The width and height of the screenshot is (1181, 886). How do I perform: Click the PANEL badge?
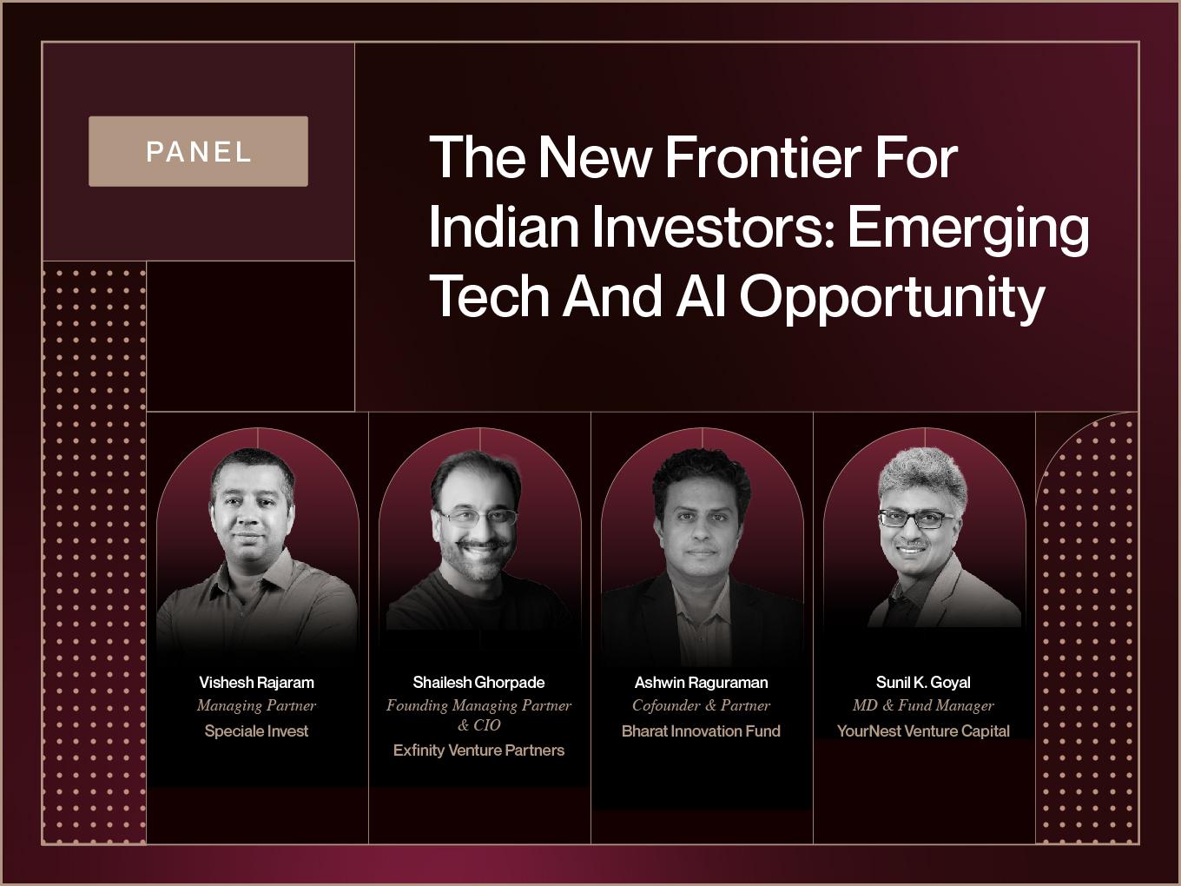pyautogui.click(x=199, y=151)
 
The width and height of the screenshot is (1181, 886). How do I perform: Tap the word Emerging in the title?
pyautogui.click(x=968, y=229)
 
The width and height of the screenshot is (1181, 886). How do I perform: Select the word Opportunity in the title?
pyautogui.click(x=892, y=299)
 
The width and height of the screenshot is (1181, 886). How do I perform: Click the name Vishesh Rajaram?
pyautogui.click(x=257, y=683)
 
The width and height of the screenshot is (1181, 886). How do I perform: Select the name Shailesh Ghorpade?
pyautogui.click(x=478, y=683)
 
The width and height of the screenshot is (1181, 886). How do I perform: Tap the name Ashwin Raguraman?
pyautogui.click(x=701, y=683)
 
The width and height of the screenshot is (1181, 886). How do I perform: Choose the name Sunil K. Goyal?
pyautogui.click(x=923, y=683)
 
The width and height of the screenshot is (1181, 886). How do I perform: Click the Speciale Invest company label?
pyautogui.click(x=257, y=731)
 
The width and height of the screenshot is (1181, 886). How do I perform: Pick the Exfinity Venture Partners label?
pyautogui.click(x=478, y=750)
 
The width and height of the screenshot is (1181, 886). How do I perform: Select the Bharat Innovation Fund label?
pyautogui.click(x=701, y=731)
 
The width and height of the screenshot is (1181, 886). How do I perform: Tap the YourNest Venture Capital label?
pyautogui.click(x=923, y=731)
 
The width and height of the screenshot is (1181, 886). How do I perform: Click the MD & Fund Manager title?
pyautogui.click(x=923, y=706)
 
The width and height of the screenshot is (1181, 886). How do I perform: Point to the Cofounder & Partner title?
pyautogui.click(x=701, y=706)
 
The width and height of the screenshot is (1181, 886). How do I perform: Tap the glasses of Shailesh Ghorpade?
pyautogui.click(x=478, y=518)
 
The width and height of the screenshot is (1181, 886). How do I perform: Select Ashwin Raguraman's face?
pyautogui.click(x=701, y=529)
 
